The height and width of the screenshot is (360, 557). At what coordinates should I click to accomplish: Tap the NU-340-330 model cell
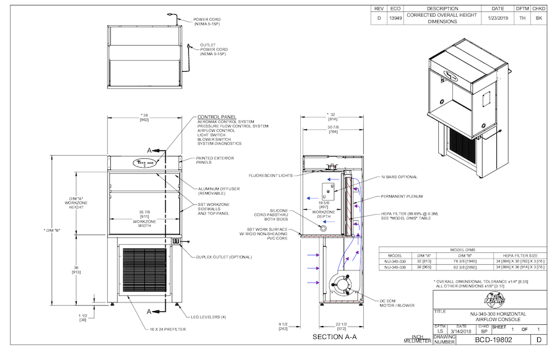394,261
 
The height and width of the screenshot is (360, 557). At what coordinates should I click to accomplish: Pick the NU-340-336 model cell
394,268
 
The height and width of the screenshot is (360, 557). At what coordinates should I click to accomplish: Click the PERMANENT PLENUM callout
402,196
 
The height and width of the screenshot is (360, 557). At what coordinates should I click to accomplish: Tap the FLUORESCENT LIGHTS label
270,175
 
